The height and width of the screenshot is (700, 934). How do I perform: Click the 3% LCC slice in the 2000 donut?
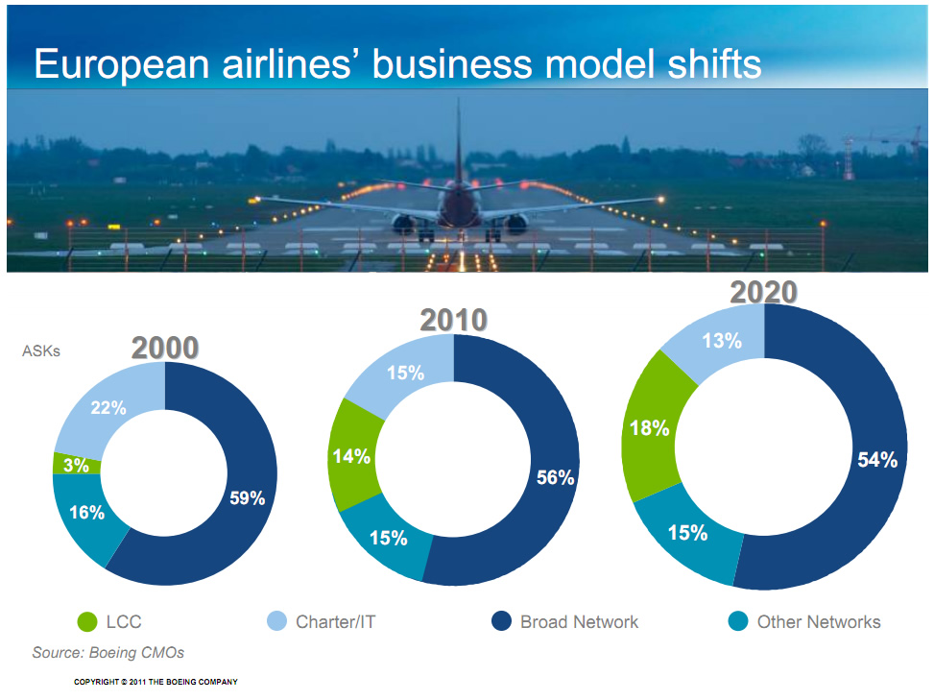coord(76,464)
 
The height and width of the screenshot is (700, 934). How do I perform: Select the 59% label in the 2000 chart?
coord(248,497)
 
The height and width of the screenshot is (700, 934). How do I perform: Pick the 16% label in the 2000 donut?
coord(87,512)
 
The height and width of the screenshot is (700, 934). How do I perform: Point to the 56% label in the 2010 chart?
coord(555,477)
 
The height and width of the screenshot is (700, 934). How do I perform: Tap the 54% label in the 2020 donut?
coord(877,459)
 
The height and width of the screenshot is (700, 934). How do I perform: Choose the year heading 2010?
coord(454,320)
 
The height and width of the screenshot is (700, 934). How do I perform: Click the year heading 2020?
coord(764,293)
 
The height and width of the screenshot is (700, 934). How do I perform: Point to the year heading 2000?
coord(165,348)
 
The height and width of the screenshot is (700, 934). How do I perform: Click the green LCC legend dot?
coord(87,621)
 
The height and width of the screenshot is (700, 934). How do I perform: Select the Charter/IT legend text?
coord(335,622)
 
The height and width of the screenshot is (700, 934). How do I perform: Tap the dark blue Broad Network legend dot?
coord(501,620)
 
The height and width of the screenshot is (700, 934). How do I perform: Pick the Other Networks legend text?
coord(819,622)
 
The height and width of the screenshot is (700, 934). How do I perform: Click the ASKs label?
coord(41,350)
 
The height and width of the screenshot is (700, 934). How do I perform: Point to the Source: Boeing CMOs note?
coord(108,652)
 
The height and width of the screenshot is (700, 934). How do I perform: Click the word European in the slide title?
coord(122,64)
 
